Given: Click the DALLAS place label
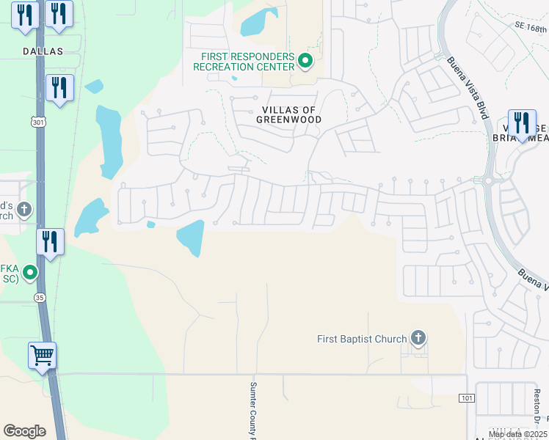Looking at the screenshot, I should [43, 51].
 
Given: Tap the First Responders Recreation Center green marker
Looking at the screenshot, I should [306, 61].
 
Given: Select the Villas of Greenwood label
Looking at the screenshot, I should [289, 114].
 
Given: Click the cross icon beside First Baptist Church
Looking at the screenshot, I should [418, 338].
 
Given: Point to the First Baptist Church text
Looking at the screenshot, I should [362, 339].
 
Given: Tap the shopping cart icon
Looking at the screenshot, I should [43, 356].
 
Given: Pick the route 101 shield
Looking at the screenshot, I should [466, 398].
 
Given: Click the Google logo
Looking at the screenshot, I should [24, 430].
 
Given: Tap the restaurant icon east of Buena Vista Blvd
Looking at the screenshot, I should [522, 122].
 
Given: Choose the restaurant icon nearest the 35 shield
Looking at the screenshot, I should [50, 241].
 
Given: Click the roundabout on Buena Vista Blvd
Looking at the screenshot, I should [488, 180].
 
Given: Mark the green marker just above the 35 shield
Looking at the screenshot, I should [30, 274].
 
